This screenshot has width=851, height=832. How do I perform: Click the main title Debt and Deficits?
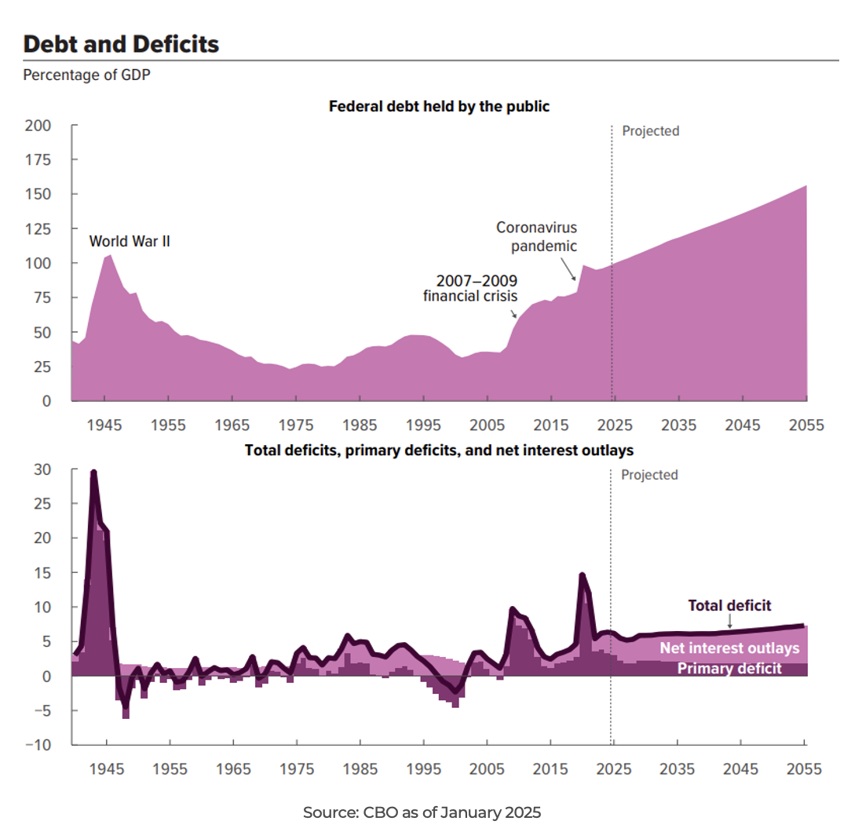pyautogui.click(x=121, y=44)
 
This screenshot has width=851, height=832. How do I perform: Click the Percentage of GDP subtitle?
pyautogui.click(x=75, y=75)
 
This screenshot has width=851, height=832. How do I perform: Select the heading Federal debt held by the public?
pyautogui.click(x=439, y=107)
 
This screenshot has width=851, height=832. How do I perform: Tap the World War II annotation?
pyautogui.click(x=130, y=242)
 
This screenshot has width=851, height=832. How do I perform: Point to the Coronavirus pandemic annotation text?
pyautogui.click(x=537, y=236)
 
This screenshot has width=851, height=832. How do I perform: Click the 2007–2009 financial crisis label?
pyautogui.click(x=470, y=288)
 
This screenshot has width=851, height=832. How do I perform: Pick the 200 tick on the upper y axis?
pyautogui.click(x=38, y=126)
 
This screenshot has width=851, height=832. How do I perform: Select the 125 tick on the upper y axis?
pyautogui.click(x=38, y=228)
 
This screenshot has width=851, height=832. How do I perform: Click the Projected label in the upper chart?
pyautogui.click(x=650, y=131)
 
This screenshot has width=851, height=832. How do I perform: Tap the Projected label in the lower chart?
pyautogui.click(x=649, y=475)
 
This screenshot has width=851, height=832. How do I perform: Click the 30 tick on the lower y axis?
pyautogui.click(x=42, y=469)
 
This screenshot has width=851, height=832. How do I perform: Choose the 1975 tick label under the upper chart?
pyautogui.click(x=296, y=425)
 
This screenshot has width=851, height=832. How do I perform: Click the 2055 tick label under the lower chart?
pyautogui.click(x=805, y=769)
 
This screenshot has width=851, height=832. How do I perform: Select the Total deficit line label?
pyautogui.click(x=729, y=605)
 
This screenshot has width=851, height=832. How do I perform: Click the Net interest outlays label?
pyautogui.click(x=729, y=648)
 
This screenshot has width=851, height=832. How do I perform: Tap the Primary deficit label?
pyautogui.click(x=729, y=669)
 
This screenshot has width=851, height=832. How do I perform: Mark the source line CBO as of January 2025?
pyautogui.click(x=422, y=813)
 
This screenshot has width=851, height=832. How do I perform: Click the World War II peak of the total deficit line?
pyautogui.click(x=93, y=472)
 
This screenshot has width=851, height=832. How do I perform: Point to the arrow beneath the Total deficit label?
pyautogui.click(x=730, y=622)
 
